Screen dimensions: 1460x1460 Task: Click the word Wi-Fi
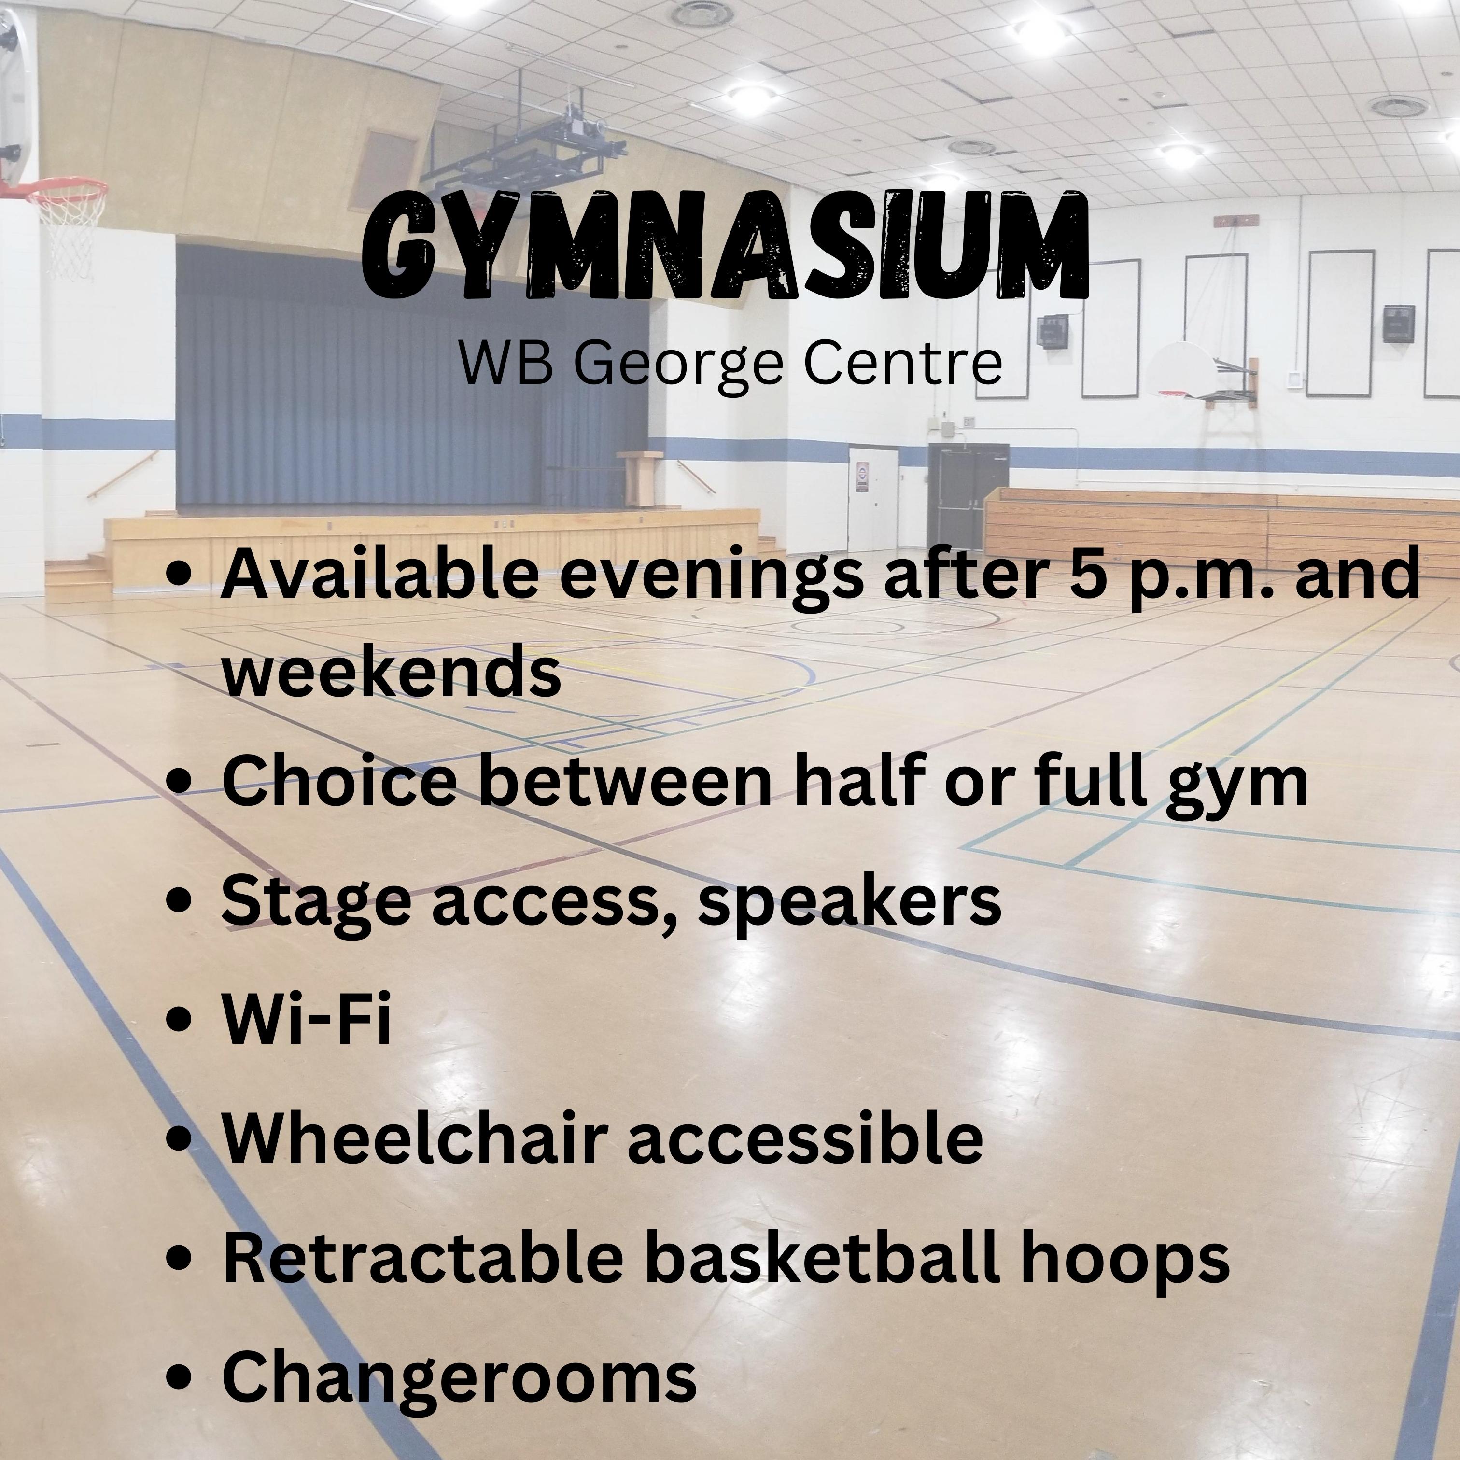(x=307, y=1018)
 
